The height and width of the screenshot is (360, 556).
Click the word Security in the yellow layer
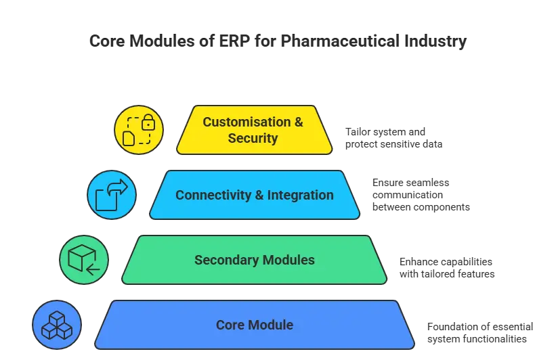pos(253,139)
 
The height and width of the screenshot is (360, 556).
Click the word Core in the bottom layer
pos(230,325)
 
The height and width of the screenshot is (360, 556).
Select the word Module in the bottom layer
pos(270,325)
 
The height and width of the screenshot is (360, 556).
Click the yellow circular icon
pos(139,131)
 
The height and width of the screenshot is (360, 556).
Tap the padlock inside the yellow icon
pos(148,123)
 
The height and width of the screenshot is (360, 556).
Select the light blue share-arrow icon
pos(112,196)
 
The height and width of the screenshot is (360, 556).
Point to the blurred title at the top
pos(278,43)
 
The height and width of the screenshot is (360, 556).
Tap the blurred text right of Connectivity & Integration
pos(417,196)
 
